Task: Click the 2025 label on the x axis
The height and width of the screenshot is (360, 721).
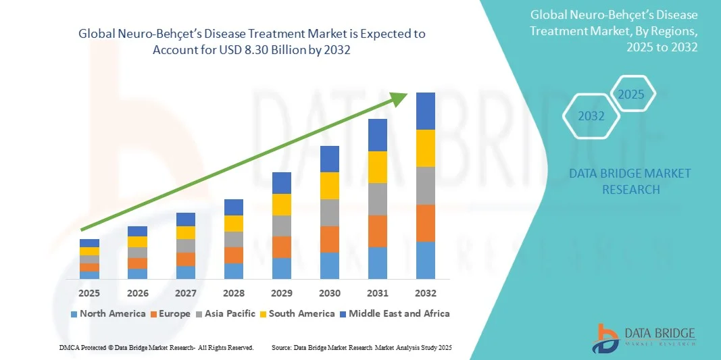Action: [x=89, y=293]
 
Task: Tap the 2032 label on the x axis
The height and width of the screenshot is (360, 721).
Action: [x=425, y=293]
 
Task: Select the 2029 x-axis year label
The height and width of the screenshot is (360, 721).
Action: [x=281, y=293]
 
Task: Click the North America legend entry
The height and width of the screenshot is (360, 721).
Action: [x=107, y=313]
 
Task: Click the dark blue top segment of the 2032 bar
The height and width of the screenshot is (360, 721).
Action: [x=425, y=111]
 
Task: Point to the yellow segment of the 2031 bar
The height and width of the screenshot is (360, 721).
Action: [x=377, y=167]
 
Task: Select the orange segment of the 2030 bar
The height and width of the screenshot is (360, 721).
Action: [x=329, y=239]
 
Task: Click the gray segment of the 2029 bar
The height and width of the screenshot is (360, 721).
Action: [x=281, y=226]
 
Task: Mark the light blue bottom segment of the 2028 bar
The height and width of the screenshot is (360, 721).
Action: [x=233, y=271]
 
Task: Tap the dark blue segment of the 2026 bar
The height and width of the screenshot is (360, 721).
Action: [x=137, y=231]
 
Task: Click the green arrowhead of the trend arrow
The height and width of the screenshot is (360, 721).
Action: [x=399, y=99]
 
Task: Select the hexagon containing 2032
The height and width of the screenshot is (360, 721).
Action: [x=591, y=116]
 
